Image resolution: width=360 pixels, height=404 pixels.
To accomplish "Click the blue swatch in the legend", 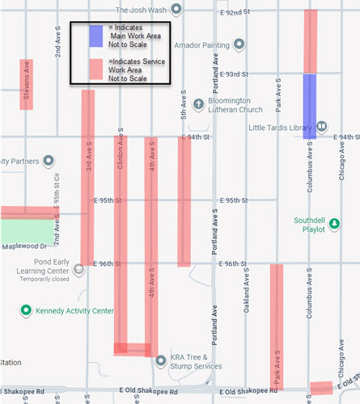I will (x=96, y=36).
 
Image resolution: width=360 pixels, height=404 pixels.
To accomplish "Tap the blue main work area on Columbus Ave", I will (x=309, y=106).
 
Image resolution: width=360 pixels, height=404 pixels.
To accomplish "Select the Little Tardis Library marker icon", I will (x=321, y=126).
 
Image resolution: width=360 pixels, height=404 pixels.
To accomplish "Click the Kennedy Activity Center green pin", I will (x=27, y=309).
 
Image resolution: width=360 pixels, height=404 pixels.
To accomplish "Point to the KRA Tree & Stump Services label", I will (x=195, y=361).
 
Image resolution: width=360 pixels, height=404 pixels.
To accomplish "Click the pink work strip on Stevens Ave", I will (x=27, y=84).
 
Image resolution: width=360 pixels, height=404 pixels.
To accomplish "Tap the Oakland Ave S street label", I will (x=247, y=292).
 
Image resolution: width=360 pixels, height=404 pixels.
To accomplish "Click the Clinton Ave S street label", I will (x=120, y=152).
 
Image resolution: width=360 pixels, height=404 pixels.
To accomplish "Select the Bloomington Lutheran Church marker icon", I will (x=198, y=103).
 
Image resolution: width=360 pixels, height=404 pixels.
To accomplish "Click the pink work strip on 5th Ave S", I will (x=184, y=200).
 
